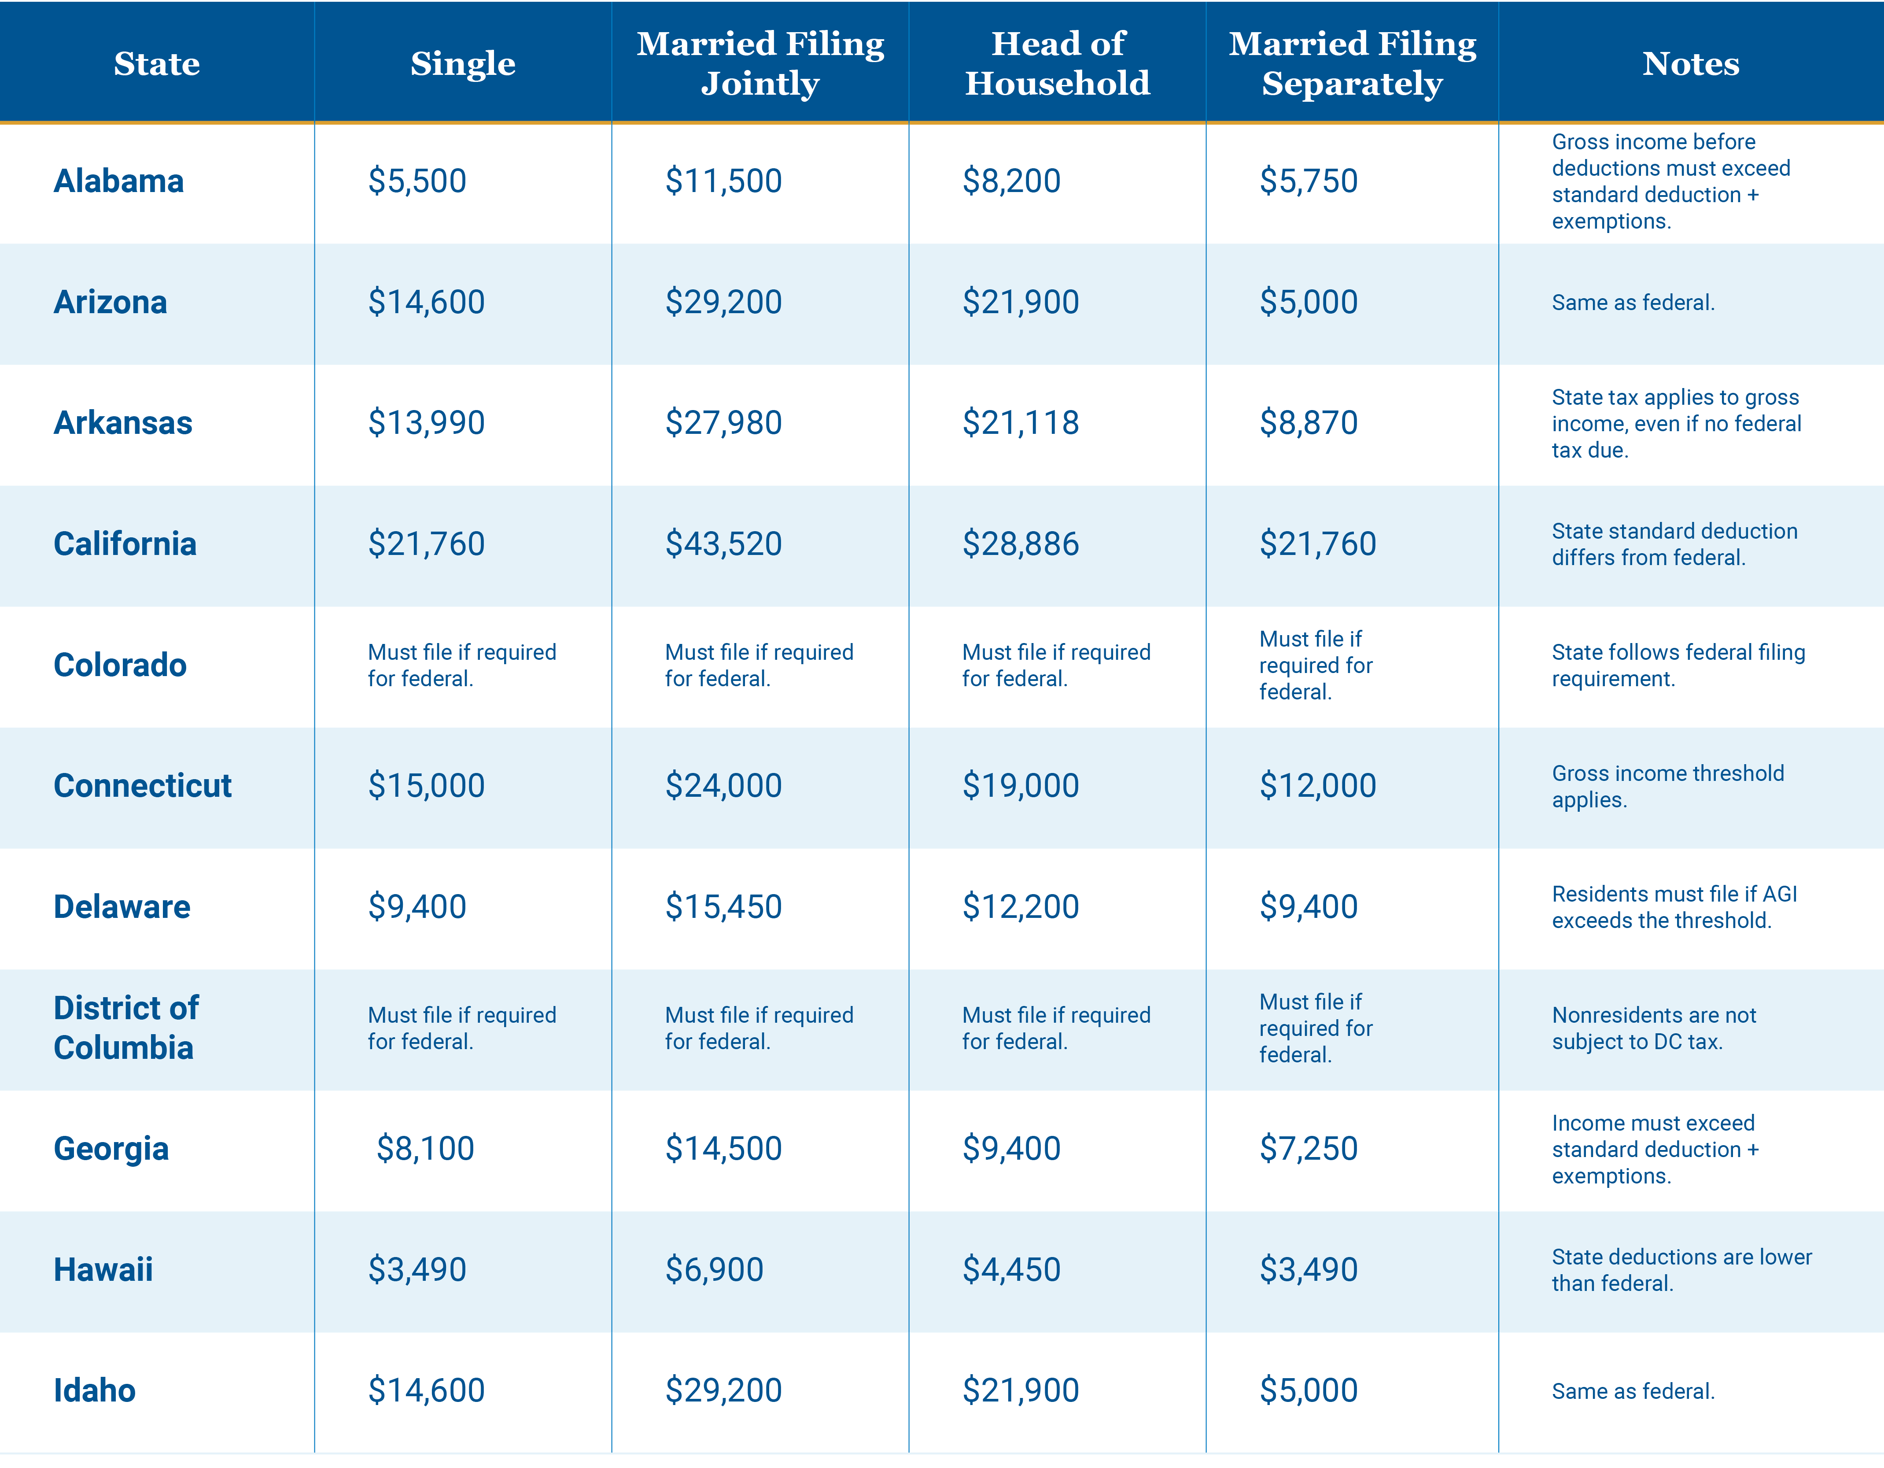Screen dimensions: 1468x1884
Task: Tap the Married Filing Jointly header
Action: pyautogui.click(x=760, y=63)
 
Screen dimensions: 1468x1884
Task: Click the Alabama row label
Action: pyautogui.click(x=119, y=181)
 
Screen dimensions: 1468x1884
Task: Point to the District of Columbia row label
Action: pyautogui.click(x=126, y=1028)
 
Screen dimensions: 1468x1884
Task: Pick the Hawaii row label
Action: pyautogui.click(x=103, y=1269)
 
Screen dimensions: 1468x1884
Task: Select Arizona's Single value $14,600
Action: pyautogui.click(x=426, y=302)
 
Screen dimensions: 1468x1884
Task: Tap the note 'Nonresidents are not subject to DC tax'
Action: pyautogui.click(x=1654, y=1028)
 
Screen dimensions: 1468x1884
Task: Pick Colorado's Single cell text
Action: pyautogui.click(x=461, y=666)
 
